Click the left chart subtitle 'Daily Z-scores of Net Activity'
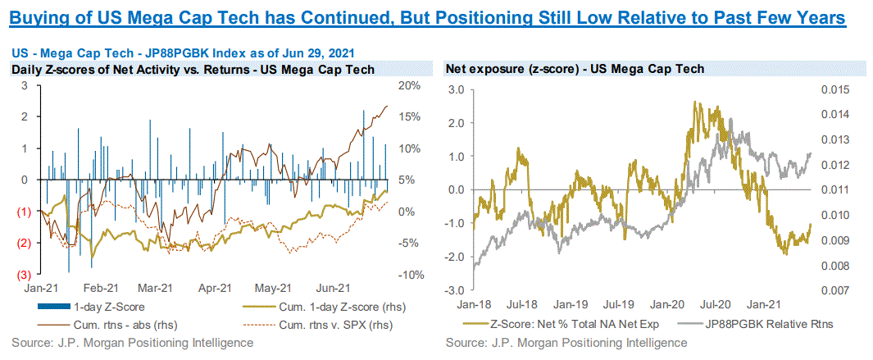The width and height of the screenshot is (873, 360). click(x=193, y=70)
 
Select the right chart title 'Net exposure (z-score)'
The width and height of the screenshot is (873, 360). click(x=574, y=70)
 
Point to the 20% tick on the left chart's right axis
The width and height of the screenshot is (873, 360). click(x=408, y=85)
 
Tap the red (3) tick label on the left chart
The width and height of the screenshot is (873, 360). click(x=25, y=275)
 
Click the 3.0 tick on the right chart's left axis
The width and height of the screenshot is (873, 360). click(x=457, y=89)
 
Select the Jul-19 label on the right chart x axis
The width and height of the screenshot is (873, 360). click(x=625, y=303)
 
